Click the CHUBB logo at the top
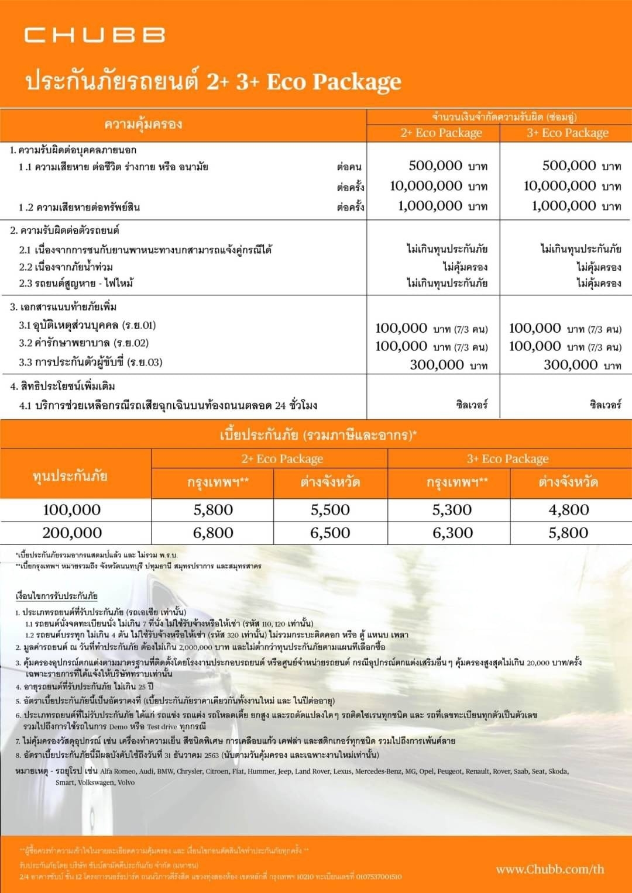tap(95, 35)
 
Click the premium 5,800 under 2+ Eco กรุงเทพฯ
tap(213, 510)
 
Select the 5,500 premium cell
tap(330, 510)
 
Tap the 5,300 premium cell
tap(452, 510)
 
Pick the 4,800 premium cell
tap(568, 510)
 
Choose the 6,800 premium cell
tap(213, 533)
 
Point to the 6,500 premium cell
tap(330, 533)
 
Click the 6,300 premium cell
tap(452, 533)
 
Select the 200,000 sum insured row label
tap(72, 533)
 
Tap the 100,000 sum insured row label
tap(72, 510)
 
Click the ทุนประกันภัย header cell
tap(70, 475)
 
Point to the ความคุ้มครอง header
tap(143, 124)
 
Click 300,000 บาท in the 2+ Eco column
tap(448, 365)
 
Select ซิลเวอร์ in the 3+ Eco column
tap(605, 404)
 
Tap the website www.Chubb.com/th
tap(549, 869)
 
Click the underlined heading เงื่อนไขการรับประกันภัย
tap(56, 596)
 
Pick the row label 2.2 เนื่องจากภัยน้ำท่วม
tap(66, 267)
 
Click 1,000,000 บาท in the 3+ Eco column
tap(576, 206)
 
